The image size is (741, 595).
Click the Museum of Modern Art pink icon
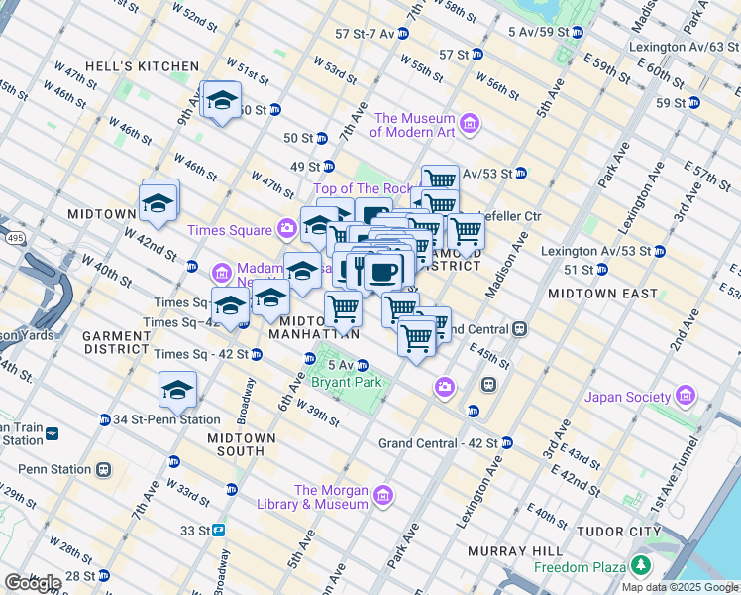click(469, 125)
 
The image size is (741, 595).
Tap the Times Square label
click(230, 230)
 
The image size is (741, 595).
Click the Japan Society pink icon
click(685, 397)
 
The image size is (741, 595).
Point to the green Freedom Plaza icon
click(642, 566)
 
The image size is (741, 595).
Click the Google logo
click(32, 583)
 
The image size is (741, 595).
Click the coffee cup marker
click(383, 270)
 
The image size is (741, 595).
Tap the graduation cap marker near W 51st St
click(222, 101)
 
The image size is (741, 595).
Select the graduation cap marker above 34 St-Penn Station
click(177, 390)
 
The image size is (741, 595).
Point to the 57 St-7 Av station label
click(366, 33)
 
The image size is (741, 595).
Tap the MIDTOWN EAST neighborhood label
click(602, 294)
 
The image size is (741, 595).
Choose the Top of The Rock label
click(362, 189)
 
